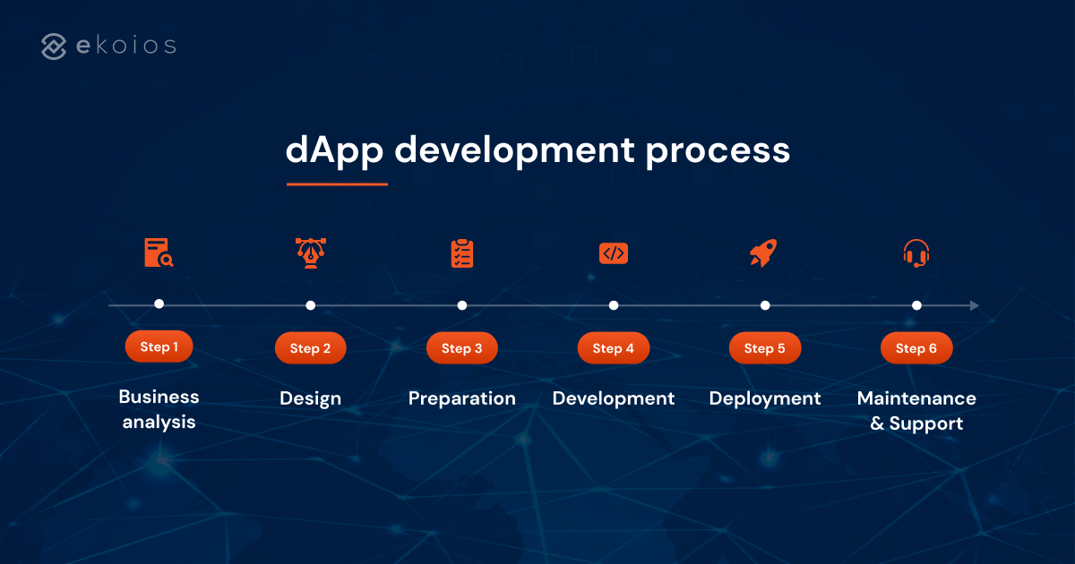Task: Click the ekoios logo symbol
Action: coord(54,47)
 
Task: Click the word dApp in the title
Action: coord(334,150)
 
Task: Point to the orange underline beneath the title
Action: coord(337,184)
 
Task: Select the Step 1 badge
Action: coord(159,346)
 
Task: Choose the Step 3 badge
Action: coord(461,348)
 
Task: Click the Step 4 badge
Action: coord(613,348)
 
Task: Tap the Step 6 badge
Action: coord(916,348)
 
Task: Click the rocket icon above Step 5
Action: coord(762,253)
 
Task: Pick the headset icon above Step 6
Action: coord(916,253)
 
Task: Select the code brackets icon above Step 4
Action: coord(613,253)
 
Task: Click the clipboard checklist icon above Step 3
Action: coord(461,253)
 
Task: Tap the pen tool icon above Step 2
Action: coord(310,253)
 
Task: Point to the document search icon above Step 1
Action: coord(159,253)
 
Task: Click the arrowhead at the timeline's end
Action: coord(974,305)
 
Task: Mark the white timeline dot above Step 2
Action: coord(310,305)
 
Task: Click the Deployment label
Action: coord(764,398)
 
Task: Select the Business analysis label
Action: coord(159,409)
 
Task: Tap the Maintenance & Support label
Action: coord(916,410)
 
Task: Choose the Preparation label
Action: coord(461,398)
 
